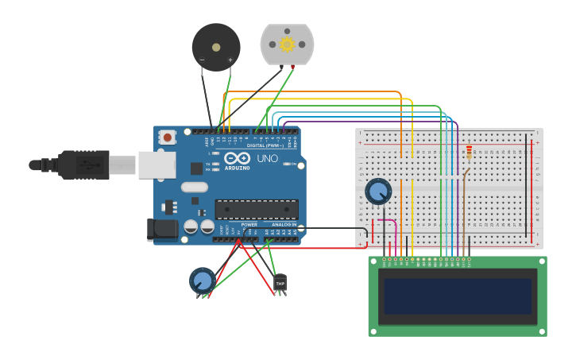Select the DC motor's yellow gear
[x=287, y=44]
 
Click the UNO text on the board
[x=267, y=158]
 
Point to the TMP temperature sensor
[x=280, y=282]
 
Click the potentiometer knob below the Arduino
[x=202, y=281]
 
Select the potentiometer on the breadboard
[x=378, y=192]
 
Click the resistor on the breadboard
[x=469, y=152]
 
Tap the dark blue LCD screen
[x=458, y=296]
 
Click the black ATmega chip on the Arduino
[x=257, y=210]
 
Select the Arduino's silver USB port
[x=157, y=165]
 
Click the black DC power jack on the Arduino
[x=163, y=230]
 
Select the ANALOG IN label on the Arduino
[x=284, y=224]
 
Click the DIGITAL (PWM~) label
[x=265, y=145]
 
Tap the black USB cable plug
[x=83, y=165]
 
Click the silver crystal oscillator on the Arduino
[x=194, y=188]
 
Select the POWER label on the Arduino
[x=249, y=224]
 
